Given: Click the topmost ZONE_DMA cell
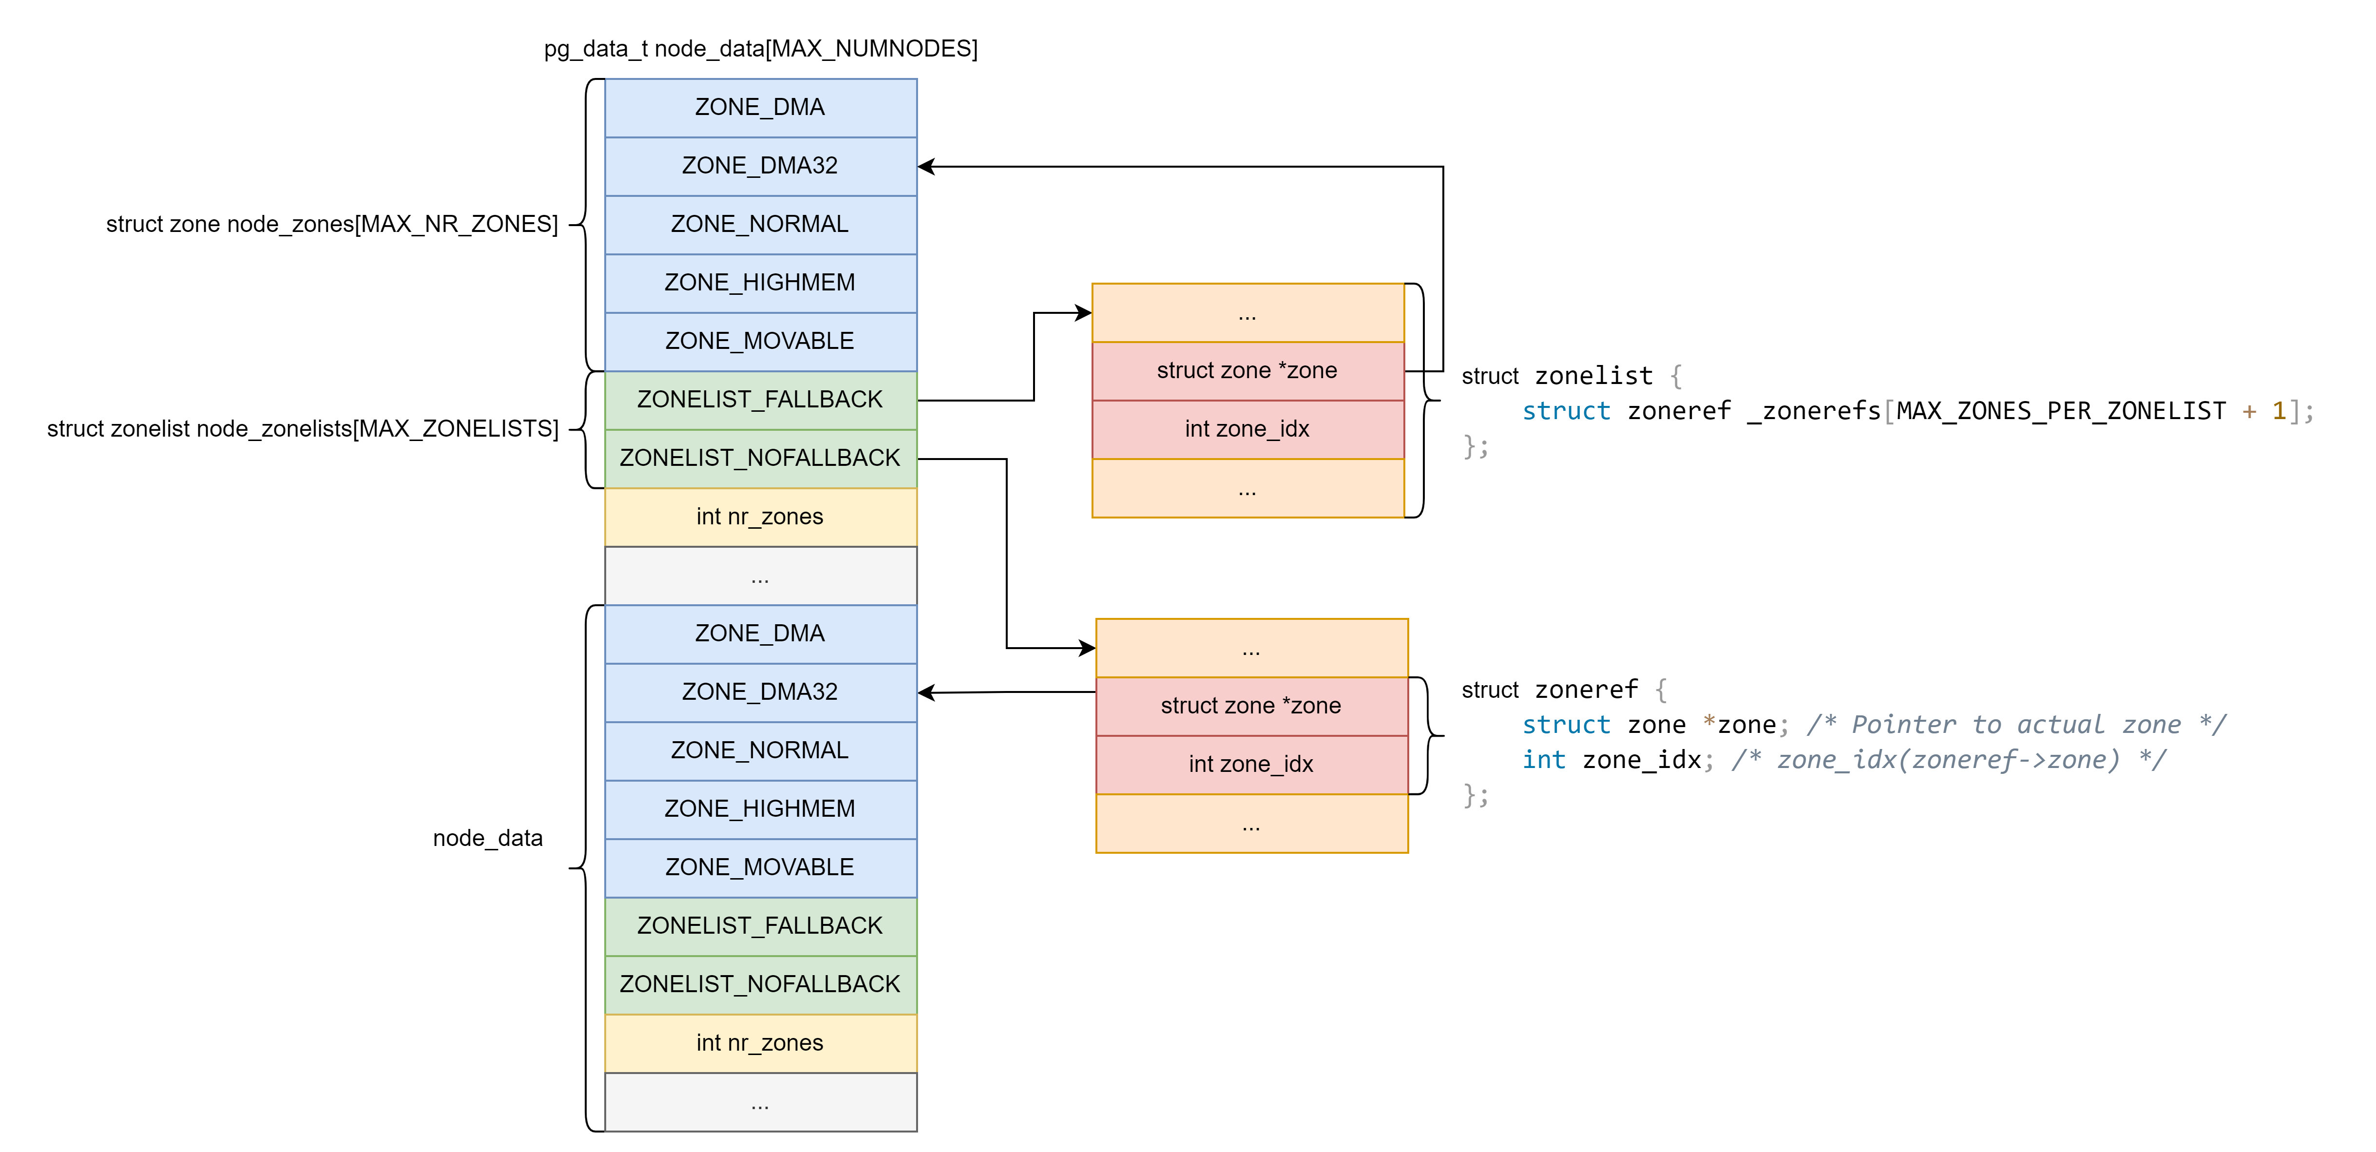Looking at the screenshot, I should point(760,108).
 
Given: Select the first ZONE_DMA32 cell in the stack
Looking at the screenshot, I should point(760,166).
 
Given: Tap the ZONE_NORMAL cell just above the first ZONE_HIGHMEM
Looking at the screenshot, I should point(760,224).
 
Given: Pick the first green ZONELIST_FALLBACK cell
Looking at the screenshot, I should point(760,400).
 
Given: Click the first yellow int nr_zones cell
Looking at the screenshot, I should point(760,517).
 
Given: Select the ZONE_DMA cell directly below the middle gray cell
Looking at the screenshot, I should point(760,634).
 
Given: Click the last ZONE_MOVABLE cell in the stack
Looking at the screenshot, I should point(760,867).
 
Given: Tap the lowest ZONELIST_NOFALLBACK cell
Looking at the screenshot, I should point(760,984).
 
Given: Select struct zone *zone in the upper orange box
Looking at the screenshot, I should point(1247,371).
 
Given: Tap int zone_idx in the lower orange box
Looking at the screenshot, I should point(1251,765).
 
